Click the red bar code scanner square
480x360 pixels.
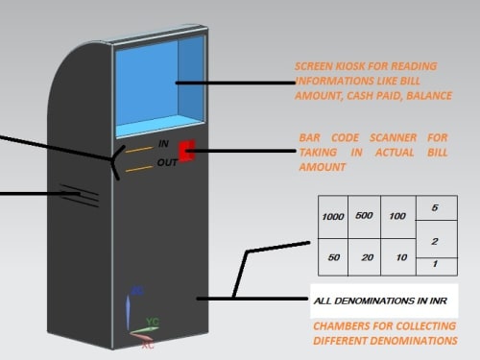coord(187,151)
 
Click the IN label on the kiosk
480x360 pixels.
coord(163,144)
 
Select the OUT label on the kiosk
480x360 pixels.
coord(167,162)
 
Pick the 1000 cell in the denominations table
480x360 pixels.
coord(333,217)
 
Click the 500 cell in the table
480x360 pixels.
coord(364,217)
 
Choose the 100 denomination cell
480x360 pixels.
coord(398,217)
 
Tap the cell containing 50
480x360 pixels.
coord(333,257)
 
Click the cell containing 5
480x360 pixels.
coord(437,208)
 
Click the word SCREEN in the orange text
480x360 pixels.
coord(313,66)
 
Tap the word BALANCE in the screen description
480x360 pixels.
coord(429,96)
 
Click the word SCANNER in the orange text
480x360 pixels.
coord(393,138)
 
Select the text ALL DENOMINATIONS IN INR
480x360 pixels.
coord(380,301)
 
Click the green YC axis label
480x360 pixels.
coord(153,322)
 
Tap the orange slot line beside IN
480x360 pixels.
coord(139,149)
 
